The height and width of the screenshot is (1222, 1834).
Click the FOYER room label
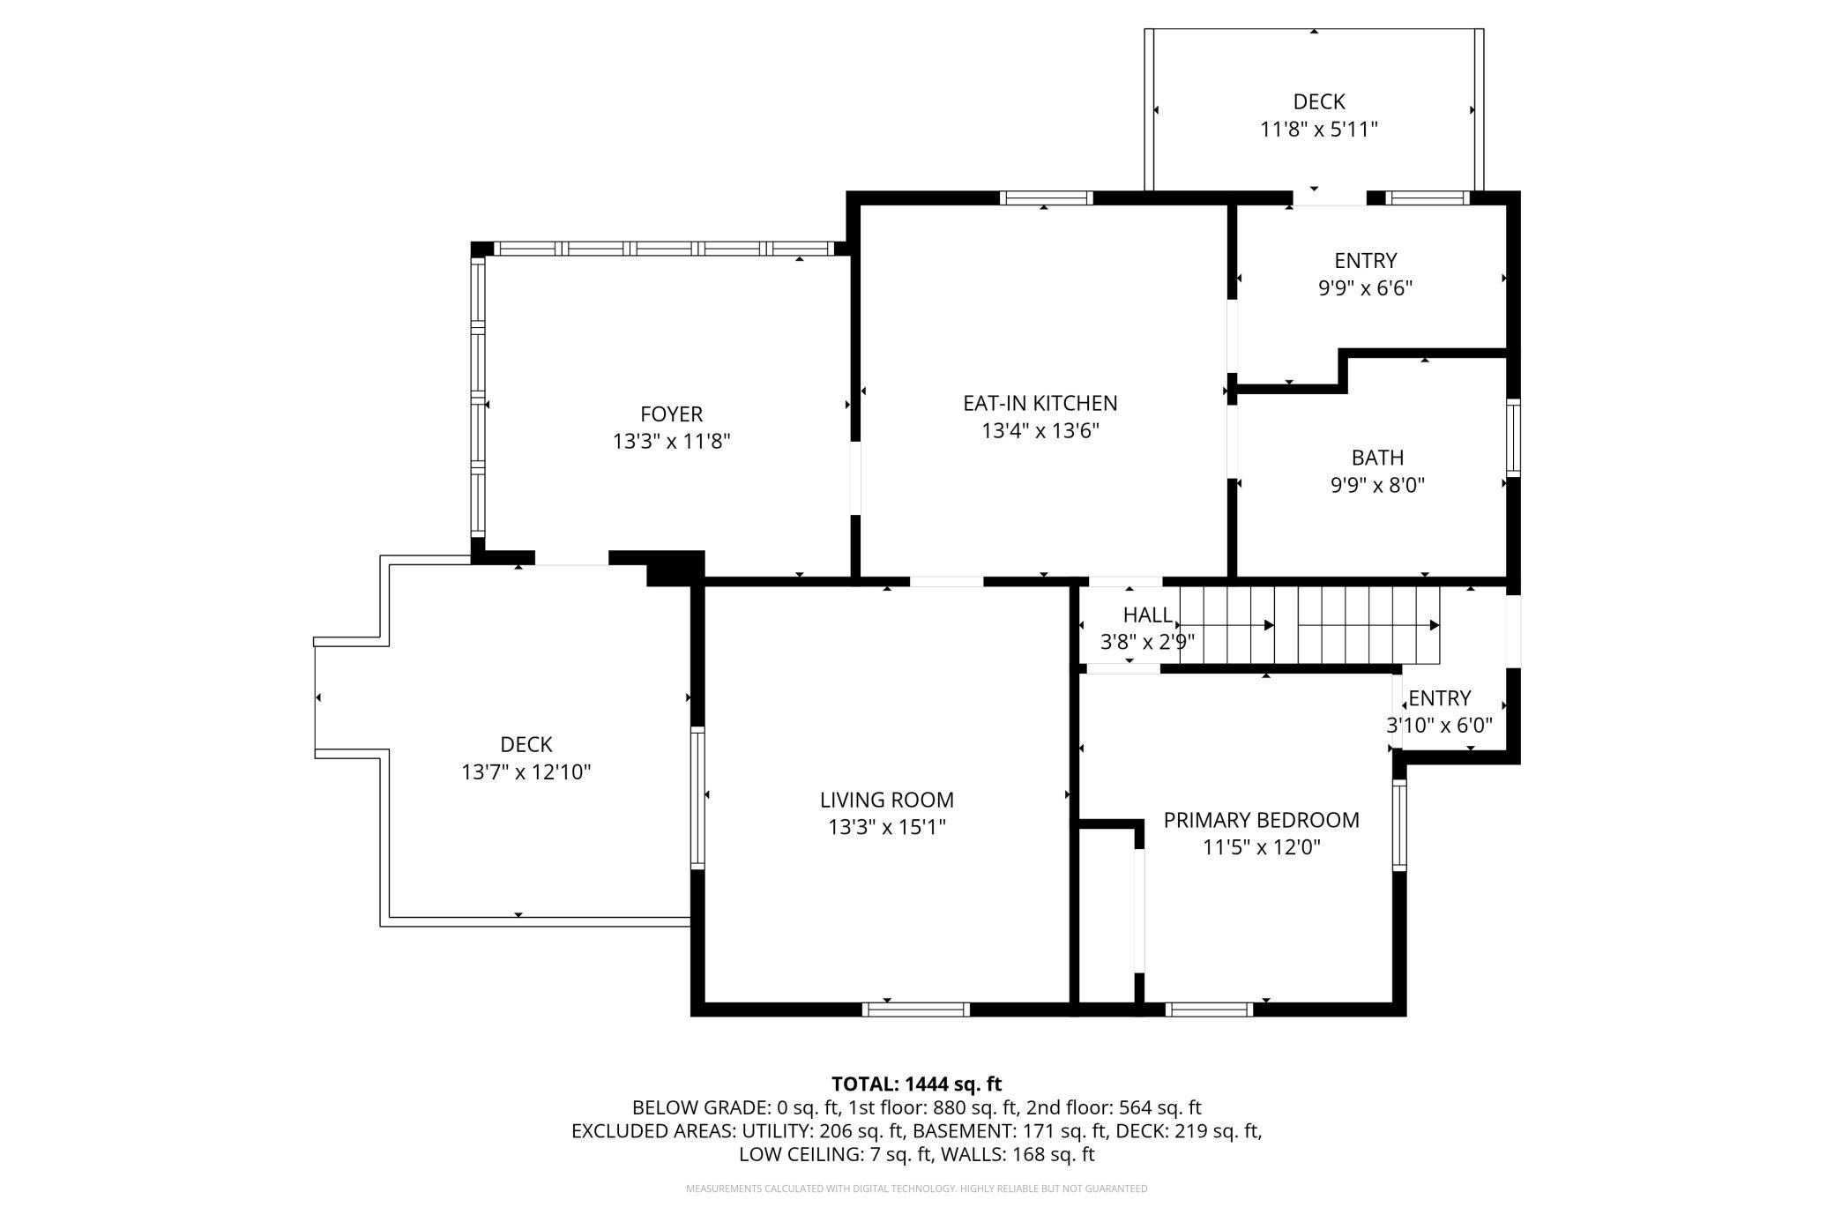click(x=671, y=414)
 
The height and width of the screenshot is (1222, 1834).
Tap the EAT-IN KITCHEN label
click(x=1040, y=403)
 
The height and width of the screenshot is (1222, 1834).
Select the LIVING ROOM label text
click(x=886, y=800)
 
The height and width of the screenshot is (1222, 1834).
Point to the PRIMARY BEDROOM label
click(x=1261, y=820)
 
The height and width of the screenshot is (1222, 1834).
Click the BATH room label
click(x=1377, y=458)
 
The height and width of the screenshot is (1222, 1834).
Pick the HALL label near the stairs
click(x=1148, y=615)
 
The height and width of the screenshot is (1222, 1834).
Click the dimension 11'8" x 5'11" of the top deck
click(x=1318, y=130)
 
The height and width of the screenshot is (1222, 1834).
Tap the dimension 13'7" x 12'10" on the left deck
click(x=526, y=772)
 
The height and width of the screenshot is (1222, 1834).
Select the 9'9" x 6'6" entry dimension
click(x=1365, y=288)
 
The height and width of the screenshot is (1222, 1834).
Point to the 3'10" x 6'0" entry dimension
click(x=1439, y=726)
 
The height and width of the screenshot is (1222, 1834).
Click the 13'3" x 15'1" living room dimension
click(x=886, y=827)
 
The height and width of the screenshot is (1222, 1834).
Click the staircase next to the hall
click(x=1309, y=625)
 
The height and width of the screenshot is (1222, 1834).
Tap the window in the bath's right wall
click(x=1513, y=438)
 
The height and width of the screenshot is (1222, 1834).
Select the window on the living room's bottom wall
click(x=916, y=1010)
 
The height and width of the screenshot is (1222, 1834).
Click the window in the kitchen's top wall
click(x=1047, y=197)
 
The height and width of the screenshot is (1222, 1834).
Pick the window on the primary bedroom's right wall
click(x=1399, y=825)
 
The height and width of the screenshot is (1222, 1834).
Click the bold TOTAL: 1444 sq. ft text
click(x=917, y=1084)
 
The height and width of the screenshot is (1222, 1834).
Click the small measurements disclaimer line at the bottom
click(x=917, y=1188)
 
